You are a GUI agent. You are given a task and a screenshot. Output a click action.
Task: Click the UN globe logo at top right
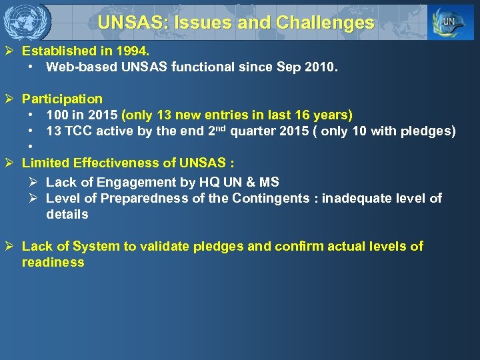(451, 23)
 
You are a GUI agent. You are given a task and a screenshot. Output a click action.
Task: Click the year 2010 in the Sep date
(323, 67)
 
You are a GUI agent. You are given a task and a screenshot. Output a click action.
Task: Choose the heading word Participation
(62, 99)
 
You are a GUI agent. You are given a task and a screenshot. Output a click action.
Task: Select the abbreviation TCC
(78, 131)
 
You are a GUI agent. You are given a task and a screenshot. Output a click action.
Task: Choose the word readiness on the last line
(53, 262)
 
